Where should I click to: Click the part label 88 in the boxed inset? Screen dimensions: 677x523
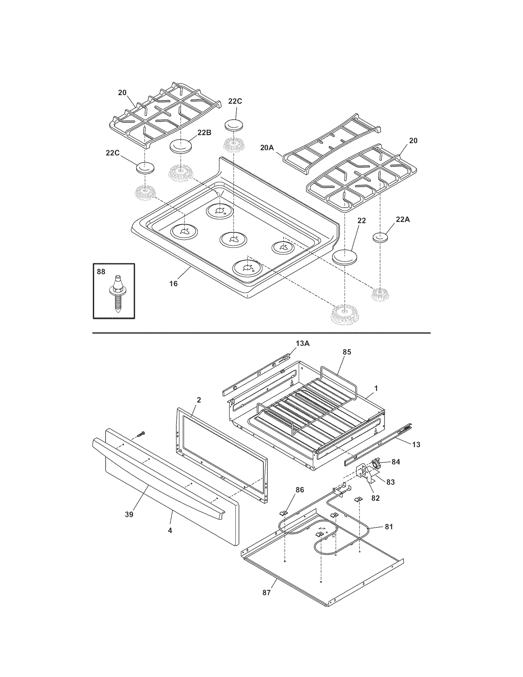click(x=101, y=272)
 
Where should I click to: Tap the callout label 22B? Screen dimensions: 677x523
click(x=204, y=133)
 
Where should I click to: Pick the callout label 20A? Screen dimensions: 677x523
click(x=267, y=148)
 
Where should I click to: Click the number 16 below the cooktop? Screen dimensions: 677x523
click(x=173, y=283)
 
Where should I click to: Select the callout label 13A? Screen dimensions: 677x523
click(x=303, y=343)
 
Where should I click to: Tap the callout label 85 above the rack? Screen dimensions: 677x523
click(x=347, y=352)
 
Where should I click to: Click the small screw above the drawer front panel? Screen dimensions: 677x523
click(x=141, y=434)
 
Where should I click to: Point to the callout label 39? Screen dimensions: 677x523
click(x=129, y=514)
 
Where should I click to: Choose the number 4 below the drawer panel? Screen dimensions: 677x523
click(x=170, y=531)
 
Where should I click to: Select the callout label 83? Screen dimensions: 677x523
click(x=390, y=482)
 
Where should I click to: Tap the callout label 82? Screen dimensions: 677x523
click(x=375, y=498)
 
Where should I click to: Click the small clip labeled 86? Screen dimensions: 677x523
click(x=284, y=513)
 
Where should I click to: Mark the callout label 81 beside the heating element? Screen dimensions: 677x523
click(x=389, y=527)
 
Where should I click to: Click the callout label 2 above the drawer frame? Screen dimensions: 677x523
click(x=199, y=400)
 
